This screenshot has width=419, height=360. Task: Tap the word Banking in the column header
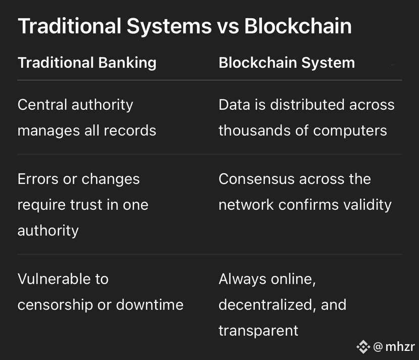(127, 63)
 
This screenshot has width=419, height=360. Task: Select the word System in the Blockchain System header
(328, 63)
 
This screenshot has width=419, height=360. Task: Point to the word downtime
(150, 305)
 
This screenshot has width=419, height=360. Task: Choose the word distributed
(307, 105)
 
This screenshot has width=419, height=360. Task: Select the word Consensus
(257, 179)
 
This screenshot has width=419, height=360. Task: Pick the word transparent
(258, 331)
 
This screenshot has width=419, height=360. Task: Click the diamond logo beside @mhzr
(363, 347)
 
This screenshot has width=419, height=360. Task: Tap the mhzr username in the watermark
(400, 347)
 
